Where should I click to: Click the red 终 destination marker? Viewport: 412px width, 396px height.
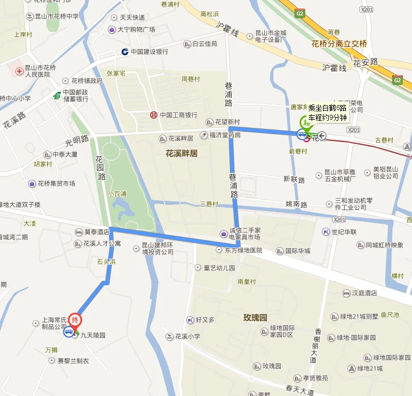pos(74,320)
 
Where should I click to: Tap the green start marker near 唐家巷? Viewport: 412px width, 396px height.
pos(306,121)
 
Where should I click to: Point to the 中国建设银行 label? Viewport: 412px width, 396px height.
pos(149,51)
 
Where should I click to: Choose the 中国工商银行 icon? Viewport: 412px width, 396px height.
pos(154,115)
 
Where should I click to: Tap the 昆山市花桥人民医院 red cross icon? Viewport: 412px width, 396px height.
pos(19,71)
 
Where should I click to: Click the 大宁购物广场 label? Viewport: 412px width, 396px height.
pos(136,29)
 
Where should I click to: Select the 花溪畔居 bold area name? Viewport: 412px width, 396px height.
pos(181,153)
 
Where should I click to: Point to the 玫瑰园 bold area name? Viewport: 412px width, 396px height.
pos(255,317)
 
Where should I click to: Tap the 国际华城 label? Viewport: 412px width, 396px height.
pos(297,250)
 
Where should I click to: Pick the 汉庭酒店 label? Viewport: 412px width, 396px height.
pos(365,293)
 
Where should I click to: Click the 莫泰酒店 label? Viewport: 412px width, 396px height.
pos(96,232)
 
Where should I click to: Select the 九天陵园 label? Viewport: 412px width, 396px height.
pos(92,335)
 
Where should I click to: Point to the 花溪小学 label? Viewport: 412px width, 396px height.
pos(187,336)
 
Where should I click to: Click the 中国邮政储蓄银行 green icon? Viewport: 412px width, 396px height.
pos(56,95)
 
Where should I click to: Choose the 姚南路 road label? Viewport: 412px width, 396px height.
pos(296,204)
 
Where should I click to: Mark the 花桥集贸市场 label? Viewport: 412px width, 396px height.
pos(56,184)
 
